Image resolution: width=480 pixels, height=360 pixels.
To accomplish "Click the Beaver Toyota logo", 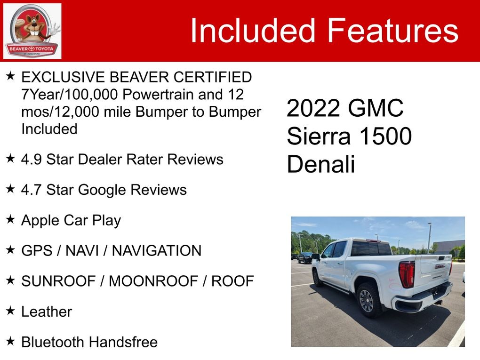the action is (32, 31).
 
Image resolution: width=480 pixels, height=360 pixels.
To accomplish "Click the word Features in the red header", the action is (393, 31).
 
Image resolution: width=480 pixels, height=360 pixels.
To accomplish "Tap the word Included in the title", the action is (253, 31).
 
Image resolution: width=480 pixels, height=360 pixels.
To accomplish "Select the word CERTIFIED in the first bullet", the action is (213, 77).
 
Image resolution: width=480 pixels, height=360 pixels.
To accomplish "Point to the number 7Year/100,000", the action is (70, 95).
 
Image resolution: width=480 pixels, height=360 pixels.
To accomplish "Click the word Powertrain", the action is (158, 94).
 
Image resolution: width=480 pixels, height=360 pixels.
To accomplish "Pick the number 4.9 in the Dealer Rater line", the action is (31, 159).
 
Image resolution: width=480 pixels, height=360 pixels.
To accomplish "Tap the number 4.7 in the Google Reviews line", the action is (31, 190).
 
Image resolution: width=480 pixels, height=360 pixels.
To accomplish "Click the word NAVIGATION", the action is (156, 251).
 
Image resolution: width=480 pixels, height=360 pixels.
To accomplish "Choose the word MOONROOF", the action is (153, 281).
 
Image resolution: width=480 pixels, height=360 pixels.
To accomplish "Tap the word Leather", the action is (47, 312).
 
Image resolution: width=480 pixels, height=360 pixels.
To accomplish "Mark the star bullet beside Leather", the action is (10, 311).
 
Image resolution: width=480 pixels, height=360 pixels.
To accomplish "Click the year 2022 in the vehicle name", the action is (313, 108).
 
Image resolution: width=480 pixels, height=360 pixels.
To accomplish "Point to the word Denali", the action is (321, 164).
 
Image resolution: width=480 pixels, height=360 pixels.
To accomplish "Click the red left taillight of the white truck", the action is (407, 274).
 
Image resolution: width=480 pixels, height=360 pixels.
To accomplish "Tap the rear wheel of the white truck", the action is (368, 300).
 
